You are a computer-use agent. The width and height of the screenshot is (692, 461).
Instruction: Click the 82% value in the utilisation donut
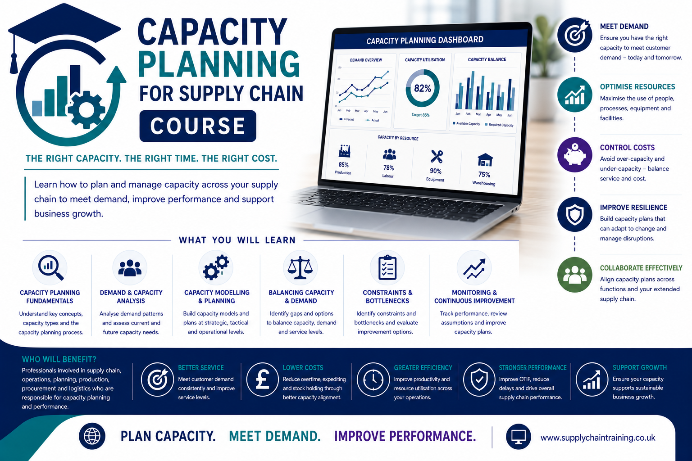pyautogui.click(x=422, y=88)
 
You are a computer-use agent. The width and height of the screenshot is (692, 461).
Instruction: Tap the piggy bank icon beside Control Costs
pyautogui.click(x=574, y=155)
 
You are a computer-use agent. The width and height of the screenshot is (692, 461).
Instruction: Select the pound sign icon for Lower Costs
pyautogui.click(x=263, y=380)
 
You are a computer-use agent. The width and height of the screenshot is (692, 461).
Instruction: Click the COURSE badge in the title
pyautogui.click(x=198, y=126)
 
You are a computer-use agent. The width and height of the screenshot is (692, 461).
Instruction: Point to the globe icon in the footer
pyautogui.click(x=92, y=436)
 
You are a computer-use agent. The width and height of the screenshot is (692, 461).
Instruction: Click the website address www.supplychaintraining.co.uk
pyautogui.click(x=598, y=438)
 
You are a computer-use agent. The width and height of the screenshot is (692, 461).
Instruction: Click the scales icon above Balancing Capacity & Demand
pyautogui.click(x=300, y=267)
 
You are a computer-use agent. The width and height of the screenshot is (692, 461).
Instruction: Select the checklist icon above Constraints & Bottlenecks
pyautogui.click(x=387, y=267)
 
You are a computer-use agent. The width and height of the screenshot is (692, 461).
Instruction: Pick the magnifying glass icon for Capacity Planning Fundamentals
pyautogui.click(x=50, y=267)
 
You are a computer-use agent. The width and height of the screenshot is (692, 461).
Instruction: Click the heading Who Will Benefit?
pyautogui.click(x=59, y=359)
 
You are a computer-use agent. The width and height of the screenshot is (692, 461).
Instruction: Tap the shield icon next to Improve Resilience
pyautogui.click(x=574, y=215)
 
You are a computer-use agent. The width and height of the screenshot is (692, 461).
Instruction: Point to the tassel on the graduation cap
pyautogui.click(x=14, y=63)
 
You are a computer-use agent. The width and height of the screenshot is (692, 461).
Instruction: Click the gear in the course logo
pyautogui.click(x=86, y=109)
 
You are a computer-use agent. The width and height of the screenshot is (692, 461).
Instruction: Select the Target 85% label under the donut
pyautogui.click(x=420, y=115)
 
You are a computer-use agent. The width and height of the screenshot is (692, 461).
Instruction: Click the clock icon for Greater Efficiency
pyautogui.click(x=373, y=380)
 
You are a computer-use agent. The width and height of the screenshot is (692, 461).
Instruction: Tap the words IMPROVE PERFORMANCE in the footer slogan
pyautogui.click(x=405, y=436)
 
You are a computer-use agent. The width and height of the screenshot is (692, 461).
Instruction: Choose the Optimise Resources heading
pyautogui.click(x=637, y=87)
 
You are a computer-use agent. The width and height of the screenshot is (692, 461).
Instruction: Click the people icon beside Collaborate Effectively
pyautogui.click(x=574, y=275)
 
